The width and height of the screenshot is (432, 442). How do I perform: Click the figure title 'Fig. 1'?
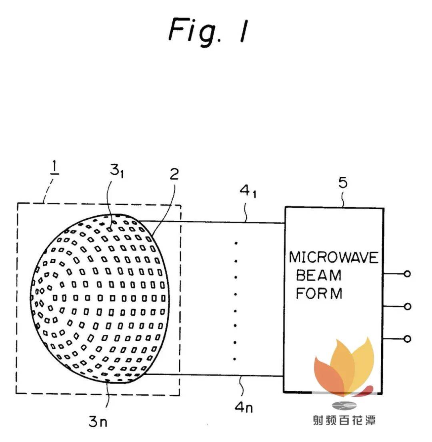pyautogui.click(x=208, y=31)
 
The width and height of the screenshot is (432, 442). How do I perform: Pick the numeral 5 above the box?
pyautogui.click(x=343, y=183)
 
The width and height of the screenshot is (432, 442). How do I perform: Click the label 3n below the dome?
pyautogui.click(x=98, y=422)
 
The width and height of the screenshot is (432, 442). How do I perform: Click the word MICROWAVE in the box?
pyautogui.click(x=333, y=257)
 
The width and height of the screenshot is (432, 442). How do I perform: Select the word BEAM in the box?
pyautogui.click(x=318, y=276)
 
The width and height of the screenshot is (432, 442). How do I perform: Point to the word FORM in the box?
pyautogui.click(x=319, y=293)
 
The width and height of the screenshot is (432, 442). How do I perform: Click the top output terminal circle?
pyautogui.click(x=408, y=274)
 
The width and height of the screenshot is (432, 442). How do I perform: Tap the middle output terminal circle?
pyautogui.click(x=408, y=306)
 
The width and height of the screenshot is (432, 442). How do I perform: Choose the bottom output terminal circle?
pyautogui.click(x=408, y=339)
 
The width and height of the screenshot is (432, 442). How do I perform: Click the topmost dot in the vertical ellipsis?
pyautogui.click(x=236, y=243)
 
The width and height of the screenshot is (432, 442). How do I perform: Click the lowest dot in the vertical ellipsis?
pyautogui.click(x=235, y=359)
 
